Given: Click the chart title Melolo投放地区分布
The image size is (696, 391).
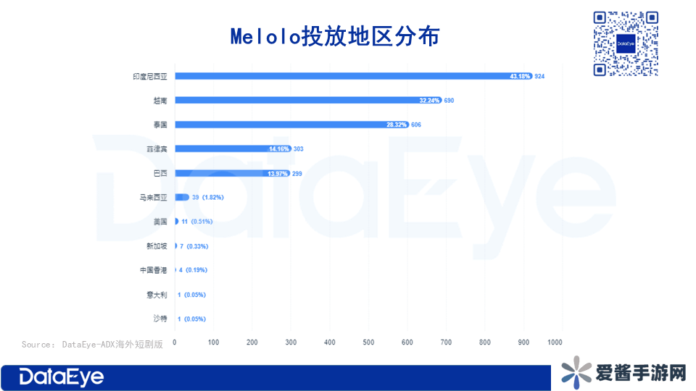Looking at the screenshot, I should click(x=334, y=36).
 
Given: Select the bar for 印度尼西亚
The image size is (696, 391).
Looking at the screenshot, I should click(x=353, y=75).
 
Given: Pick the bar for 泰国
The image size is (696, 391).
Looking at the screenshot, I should click(x=290, y=125).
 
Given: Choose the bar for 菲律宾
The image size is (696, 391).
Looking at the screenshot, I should click(x=232, y=148).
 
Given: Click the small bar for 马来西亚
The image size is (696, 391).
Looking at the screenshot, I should click(x=182, y=197).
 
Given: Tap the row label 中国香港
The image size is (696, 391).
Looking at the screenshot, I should click(x=154, y=270).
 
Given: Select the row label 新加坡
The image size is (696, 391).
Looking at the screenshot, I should click(x=157, y=246).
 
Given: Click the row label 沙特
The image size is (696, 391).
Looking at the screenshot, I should click(x=159, y=319).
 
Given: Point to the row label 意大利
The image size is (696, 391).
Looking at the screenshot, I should click(x=157, y=295).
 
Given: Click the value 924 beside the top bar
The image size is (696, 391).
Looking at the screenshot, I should click(x=539, y=76).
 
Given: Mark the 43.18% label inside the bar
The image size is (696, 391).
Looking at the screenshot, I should click(x=521, y=76).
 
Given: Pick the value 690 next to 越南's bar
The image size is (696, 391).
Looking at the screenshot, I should click(x=449, y=101).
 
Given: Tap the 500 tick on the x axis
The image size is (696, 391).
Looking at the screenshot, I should click(x=368, y=341).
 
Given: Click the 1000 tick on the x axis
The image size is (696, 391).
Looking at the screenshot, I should click(x=555, y=341).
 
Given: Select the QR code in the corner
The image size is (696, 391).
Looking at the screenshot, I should click(x=625, y=43).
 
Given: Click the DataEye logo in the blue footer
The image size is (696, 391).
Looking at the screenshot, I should click(x=62, y=377).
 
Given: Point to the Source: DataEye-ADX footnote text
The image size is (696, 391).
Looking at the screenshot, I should click(x=92, y=344).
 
